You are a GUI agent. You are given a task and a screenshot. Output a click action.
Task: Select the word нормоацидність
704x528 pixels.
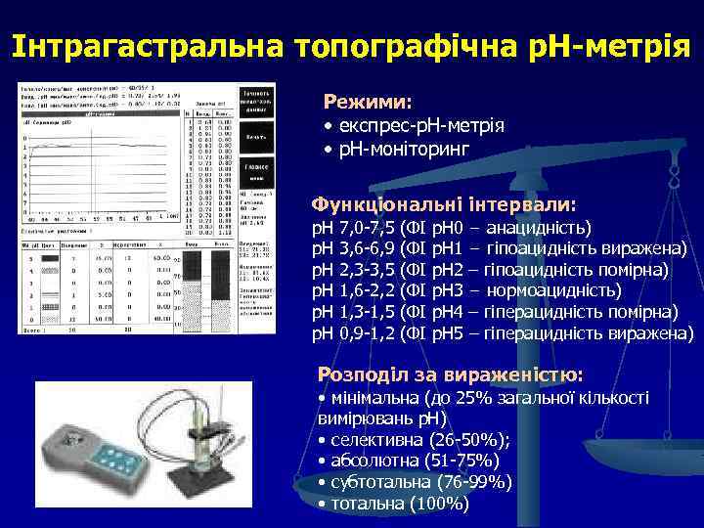pos(552,291)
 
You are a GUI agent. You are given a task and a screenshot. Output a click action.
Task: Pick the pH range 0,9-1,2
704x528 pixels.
pos(368,334)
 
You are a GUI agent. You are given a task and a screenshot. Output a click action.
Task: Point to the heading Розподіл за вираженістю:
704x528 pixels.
pos(451,374)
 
